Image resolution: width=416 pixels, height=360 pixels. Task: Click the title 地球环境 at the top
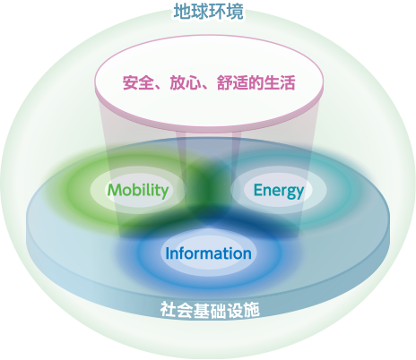point(209,12)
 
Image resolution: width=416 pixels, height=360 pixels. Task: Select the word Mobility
point(138,190)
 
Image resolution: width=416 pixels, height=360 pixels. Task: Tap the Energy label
point(279,191)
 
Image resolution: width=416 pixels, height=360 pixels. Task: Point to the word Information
point(208,253)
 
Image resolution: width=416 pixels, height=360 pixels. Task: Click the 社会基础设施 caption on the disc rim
point(210,310)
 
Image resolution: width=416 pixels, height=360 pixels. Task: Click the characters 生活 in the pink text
point(280,82)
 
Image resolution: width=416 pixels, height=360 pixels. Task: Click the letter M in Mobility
point(115,190)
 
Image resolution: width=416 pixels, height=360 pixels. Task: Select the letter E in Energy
point(258,190)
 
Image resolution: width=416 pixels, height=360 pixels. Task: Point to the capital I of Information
point(168,253)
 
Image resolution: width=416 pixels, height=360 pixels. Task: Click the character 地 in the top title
point(183,12)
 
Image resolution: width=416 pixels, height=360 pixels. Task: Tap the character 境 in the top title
point(235,12)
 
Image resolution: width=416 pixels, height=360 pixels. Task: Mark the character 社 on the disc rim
point(169,310)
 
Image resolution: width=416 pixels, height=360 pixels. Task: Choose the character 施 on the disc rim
point(251,310)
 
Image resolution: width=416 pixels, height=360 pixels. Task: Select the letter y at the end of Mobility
point(164,193)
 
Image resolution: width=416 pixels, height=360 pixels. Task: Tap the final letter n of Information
point(247,255)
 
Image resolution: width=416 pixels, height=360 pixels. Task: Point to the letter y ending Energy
point(299,193)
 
